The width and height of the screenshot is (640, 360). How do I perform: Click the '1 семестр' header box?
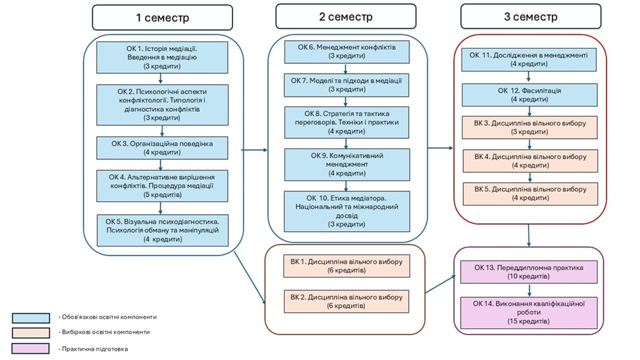tap(162, 17)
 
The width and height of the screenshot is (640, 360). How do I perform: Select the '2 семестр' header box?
tap(346, 16)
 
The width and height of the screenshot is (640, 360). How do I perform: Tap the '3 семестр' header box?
tap(531, 16)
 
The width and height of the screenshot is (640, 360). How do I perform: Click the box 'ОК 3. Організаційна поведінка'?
tap(162, 148)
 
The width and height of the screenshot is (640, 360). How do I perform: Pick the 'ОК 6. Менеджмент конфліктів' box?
tap(347, 52)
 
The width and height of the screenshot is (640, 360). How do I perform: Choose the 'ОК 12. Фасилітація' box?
tap(529, 95)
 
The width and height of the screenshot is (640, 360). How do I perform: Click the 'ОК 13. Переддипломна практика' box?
tap(528, 272)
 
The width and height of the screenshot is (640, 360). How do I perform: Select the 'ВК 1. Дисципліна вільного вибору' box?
tap(347, 266)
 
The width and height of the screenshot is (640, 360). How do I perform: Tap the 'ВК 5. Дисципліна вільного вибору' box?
tap(530, 194)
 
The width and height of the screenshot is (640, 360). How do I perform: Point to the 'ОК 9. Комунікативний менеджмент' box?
tap(347, 165)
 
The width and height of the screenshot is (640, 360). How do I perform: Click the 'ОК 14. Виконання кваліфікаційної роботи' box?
tap(528, 313)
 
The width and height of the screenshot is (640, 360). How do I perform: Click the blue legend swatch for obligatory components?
tap(31, 318)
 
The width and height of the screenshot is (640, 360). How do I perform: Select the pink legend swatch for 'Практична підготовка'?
tap(30, 349)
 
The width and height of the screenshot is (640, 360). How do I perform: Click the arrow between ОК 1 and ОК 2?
tap(160, 79)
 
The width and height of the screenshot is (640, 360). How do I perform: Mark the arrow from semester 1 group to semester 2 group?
tap(254, 150)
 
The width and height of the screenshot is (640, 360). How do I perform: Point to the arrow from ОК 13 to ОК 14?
tap(529, 290)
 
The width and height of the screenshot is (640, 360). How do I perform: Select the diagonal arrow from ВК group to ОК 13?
tap(440, 284)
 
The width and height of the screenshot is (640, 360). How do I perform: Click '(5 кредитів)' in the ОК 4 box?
tap(162, 195)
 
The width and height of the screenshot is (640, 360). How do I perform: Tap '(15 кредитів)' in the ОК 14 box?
tap(528, 321)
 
